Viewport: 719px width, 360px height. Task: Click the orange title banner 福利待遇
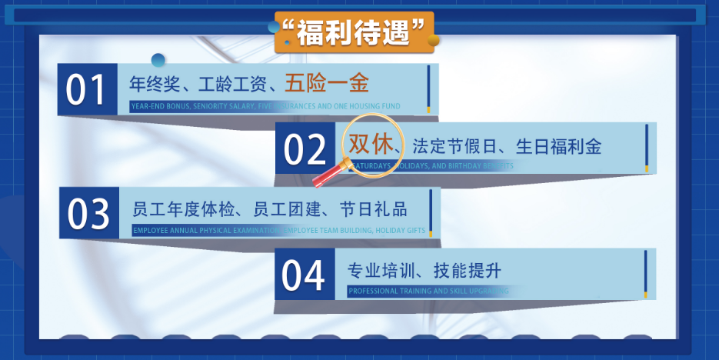point(355,32)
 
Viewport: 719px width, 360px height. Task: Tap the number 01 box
point(87,90)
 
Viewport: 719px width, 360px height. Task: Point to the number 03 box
point(89,213)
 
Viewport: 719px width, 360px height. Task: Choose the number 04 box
point(304,275)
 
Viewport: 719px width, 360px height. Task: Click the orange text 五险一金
point(327,82)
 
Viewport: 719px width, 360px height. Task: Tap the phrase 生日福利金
point(559,145)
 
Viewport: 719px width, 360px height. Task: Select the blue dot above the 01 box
point(158,60)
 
